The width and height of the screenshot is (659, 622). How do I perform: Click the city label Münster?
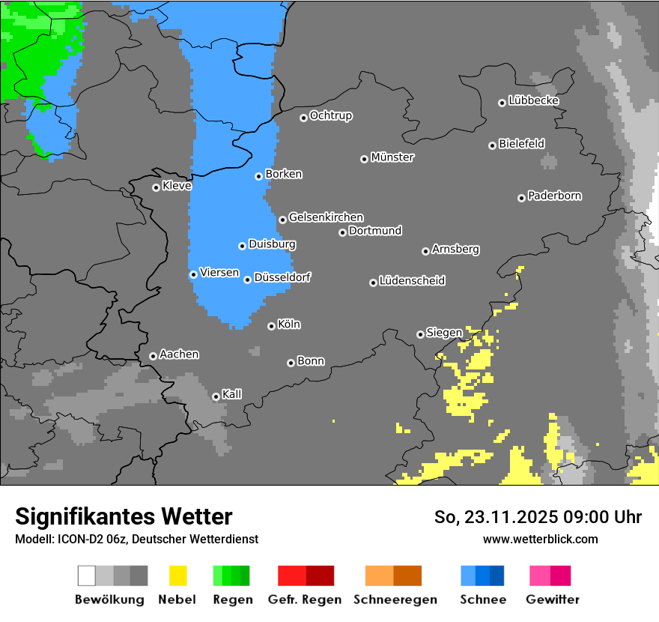pyautogui.click(x=392, y=157)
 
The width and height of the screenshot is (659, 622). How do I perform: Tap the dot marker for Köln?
pyautogui.click(x=271, y=326)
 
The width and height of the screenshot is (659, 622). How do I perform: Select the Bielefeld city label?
pyautogui.click(x=522, y=144)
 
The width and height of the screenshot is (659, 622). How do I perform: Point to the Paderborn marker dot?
pyautogui.click(x=521, y=198)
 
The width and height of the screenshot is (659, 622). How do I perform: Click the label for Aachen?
pyautogui.click(x=179, y=354)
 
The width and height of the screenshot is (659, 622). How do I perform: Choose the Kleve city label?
pyautogui.click(x=177, y=186)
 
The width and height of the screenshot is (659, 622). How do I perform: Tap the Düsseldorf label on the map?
pyautogui.click(x=282, y=277)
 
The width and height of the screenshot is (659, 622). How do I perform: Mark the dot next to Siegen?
pyautogui.click(x=420, y=334)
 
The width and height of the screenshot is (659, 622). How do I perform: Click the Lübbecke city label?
pyautogui.click(x=534, y=100)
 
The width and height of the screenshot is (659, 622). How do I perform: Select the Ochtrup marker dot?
pyautogui.click(x=303, y=118)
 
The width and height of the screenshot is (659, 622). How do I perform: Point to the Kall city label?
pyautogui.click(x=232, y=394)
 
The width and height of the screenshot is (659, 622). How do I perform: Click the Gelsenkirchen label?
pyautogui.click(x=326, y=217)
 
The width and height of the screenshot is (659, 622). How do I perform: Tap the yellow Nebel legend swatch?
pyautogui.click(x=177, y=576)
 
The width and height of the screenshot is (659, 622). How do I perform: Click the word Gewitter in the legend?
pyautogui.click(x=553, y=600)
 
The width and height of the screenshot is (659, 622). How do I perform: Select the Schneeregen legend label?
pyautogui.click(x=393, y=600)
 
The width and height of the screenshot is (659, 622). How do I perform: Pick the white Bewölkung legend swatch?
pyautogui.click(x=87, y=576)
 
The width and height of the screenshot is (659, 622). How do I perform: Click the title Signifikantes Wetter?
pyautogui.click(x=124, y=517)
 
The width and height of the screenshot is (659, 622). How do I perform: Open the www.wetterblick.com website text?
pyautogui.click(x=540, y=539)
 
